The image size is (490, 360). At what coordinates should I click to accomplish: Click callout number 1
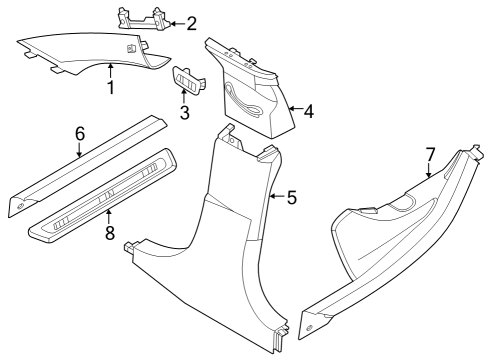(x=111, y=88)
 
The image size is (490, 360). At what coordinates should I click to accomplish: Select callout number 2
(x=191, y=21)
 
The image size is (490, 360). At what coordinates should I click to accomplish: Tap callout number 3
(x=184, y=112)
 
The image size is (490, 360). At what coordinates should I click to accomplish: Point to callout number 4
(x=308, y=112)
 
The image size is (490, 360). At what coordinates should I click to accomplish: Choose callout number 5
(x=291, y=197)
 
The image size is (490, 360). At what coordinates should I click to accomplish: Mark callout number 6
(x=79, y=134)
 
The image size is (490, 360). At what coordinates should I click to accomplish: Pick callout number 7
(x=430, y=154)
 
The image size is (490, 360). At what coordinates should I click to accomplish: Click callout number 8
(x=108, y=232)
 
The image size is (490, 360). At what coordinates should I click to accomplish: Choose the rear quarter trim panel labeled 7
(x=390, y=240)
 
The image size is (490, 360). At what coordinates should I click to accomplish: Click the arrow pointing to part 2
(x=174, y=21)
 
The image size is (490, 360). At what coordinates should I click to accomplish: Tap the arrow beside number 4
(x=292, y=109)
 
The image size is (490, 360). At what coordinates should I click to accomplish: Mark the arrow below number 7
(x=430, y=171)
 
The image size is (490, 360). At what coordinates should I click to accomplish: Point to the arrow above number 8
(x=108, y=215)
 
